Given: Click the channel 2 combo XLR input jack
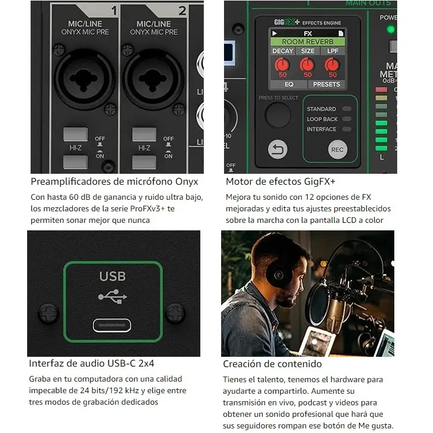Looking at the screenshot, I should (x=151, y=74).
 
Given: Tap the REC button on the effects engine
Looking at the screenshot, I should (x=338, y=150).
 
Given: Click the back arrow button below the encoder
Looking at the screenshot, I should (x=278, y=150).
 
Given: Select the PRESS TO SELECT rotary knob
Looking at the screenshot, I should (x=278, y=115).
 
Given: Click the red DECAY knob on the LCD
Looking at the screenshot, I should (x=282, y=65).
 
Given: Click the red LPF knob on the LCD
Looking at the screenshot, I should (x=332, y=65).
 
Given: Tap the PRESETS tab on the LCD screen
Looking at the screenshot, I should (x=326, y=84).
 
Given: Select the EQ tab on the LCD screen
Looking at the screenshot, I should (x=289, y=84).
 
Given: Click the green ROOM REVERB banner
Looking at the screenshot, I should (x=308, y=42).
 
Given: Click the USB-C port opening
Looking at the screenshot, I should (x=112, y=325).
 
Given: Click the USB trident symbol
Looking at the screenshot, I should (x=112, y=296).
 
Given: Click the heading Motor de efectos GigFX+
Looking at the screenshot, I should (x=280, y=182).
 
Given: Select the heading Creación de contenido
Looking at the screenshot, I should (x=272, y=364).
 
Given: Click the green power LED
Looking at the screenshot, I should (x=391, y=29).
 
